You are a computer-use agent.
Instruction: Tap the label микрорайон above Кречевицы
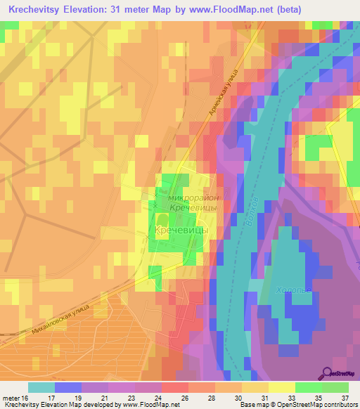(x=194, y=199)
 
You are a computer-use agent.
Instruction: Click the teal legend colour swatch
(x=41, y=387)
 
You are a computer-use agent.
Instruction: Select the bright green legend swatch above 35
(x=309, y=387)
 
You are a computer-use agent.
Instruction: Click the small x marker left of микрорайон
(x=155, y=205)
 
